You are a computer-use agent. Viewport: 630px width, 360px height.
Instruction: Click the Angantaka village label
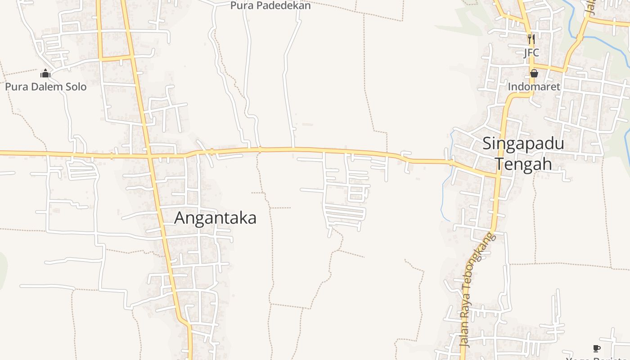[215, 218]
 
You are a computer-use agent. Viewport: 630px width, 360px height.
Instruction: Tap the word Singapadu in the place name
[523, 144]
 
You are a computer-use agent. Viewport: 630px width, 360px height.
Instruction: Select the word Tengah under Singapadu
[524, 164]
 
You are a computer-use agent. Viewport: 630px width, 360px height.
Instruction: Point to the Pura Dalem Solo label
[45, 86]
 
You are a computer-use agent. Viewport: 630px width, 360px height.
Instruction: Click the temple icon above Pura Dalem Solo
[45, 73]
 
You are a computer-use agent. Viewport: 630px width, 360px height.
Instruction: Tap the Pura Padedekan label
[270, 5]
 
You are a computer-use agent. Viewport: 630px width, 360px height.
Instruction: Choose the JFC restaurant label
[531, 53]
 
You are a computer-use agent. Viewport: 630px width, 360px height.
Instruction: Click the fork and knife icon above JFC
[531, 39]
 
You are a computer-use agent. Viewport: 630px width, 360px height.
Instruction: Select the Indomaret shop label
[534, 86]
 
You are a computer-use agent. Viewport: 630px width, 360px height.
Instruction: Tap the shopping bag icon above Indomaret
[534, 73]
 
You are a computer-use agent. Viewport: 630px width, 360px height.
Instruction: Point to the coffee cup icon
[597, 348]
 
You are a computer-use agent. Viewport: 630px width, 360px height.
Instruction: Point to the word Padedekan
[282, 5]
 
